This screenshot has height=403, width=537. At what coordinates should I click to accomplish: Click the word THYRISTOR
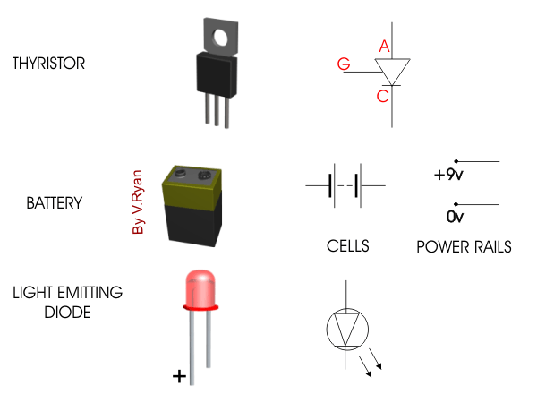coord(48,64)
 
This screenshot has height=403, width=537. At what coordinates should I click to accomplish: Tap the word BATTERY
coord(55,203)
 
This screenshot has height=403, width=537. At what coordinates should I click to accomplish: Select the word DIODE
coord(67,313)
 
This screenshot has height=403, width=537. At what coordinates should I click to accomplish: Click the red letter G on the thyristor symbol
coord(344,64)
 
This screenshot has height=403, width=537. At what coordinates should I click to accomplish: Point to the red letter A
coord(384,46)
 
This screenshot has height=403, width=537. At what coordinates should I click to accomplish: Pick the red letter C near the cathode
coord(382,96)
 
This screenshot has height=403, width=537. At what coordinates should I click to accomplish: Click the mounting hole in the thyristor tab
coord(220,38)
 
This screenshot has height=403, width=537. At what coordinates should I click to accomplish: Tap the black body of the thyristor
coord(217,74)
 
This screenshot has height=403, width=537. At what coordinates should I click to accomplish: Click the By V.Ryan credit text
coord(137,201)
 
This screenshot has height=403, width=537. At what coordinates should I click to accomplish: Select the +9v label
coord(448,175)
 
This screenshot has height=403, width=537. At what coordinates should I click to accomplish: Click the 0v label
coord(455,217)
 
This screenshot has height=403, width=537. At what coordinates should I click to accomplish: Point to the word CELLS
coord(348,246)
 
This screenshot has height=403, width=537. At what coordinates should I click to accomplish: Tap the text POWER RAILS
coord(464,247)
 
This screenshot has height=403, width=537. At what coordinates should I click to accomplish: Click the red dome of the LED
coord(200,288)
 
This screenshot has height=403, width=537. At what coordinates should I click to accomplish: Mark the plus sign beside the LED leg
coord(179,376)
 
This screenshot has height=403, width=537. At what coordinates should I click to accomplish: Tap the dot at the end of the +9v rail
coord(456,161)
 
